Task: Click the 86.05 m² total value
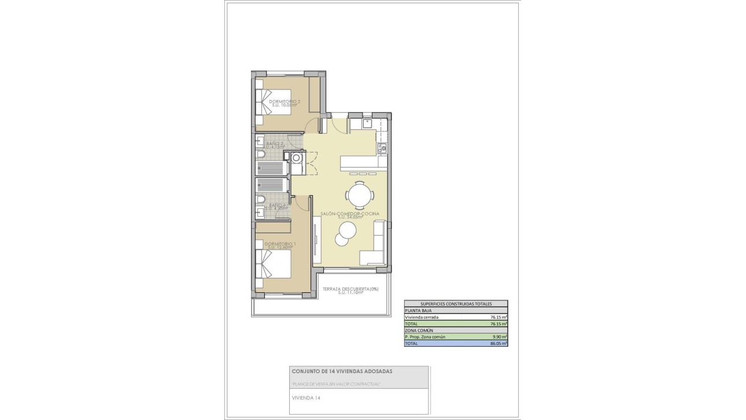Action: [x=498, y=343]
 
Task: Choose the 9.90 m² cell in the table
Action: [x=499, y=337]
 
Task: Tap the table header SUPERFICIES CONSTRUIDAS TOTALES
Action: [x=456, y=303]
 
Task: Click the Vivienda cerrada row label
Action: [x=422, y=317]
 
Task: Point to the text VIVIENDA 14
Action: [x=306, y=397]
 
